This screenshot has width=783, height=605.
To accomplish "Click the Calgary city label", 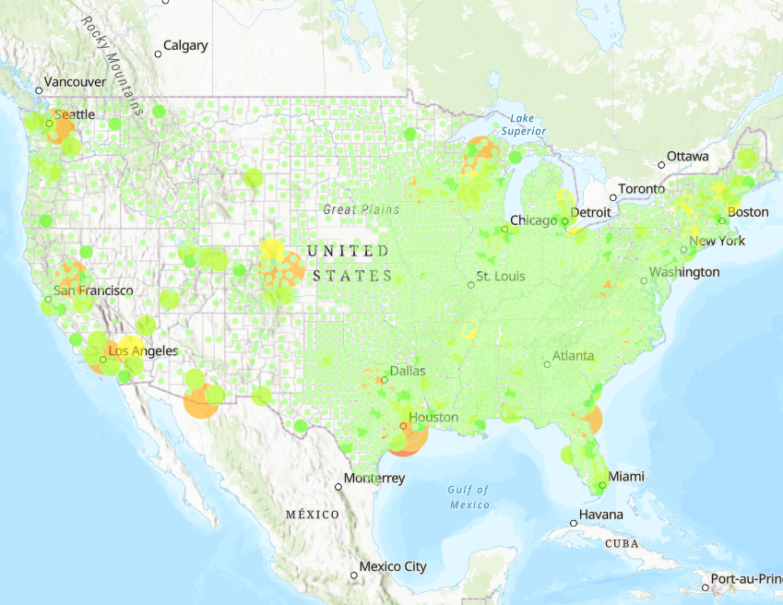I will click(185, 45).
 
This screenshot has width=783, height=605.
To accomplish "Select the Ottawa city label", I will click(688, 157).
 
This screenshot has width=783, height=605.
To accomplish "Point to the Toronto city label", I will click(641, 189).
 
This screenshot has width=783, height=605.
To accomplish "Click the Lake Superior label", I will click(522, 125).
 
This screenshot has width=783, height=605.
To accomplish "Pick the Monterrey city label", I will click(374, 479).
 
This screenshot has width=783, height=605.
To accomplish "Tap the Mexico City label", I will click(393, 566).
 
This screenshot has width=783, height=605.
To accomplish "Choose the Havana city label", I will click(600, 515).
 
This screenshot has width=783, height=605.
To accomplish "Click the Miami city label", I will click(626, 477).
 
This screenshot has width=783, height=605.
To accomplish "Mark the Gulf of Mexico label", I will click(469, 497).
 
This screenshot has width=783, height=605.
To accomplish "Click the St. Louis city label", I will click(501, 277).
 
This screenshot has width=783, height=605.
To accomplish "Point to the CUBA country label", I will click(621, 543).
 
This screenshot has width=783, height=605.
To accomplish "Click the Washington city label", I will click(683, 272).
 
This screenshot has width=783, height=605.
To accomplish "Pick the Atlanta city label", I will click(573, 356).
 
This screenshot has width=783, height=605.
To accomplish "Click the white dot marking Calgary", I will click(158, 53).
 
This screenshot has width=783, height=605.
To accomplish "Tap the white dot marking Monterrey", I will click(338, 486).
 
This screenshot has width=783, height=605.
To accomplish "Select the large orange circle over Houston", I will click(406, 433).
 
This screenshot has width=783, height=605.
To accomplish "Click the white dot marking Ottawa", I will click(660, 165).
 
